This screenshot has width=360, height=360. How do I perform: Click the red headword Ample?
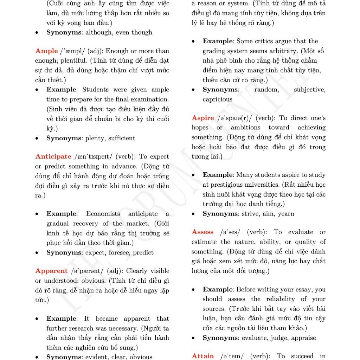point(46,51)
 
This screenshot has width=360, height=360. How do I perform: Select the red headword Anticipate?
point(53,157)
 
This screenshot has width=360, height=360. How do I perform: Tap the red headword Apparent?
point(51,271)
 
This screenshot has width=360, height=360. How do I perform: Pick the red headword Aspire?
point(203,118)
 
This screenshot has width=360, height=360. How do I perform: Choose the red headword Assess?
point(202,232)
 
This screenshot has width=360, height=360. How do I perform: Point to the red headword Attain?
point(202,356)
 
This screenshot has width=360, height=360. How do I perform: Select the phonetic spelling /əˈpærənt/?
point(87,271)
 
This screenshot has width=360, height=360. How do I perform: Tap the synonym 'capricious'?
point(217,99)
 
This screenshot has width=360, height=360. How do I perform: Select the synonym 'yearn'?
point(286,214)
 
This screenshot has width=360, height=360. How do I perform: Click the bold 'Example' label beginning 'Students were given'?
point(61,90)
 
